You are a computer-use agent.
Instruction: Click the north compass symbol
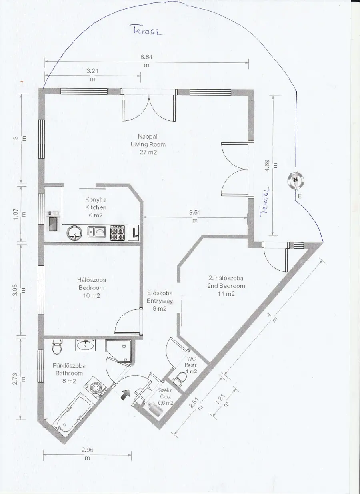tap(295, 181)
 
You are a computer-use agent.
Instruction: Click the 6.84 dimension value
tap(146, 57)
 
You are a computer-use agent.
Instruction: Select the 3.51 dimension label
tap(195, 212)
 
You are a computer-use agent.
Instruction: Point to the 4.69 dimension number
tap(267, 165)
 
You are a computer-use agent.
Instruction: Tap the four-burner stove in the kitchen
tap(117, 233)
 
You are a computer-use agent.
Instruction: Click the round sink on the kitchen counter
tap(75, 233)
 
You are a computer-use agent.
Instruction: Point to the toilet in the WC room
tap(180, 378)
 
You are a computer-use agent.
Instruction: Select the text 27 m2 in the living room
tap(148, 152)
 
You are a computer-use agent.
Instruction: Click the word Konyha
tap(96, 199)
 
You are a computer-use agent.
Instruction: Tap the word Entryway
tap(160, 301)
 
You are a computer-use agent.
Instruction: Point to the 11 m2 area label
tap(226, 294)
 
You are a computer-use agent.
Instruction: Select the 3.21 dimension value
tap(92, 71)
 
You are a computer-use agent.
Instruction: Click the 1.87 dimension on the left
tap(16, 214)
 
